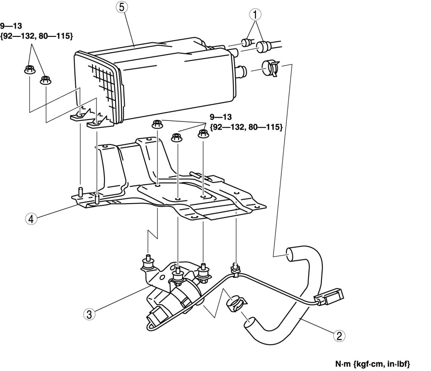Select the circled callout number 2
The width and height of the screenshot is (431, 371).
point(338,336)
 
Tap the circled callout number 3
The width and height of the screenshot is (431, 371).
point(89,314)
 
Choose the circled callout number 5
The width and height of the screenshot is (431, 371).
point(122,7)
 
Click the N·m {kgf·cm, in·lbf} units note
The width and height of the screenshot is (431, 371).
point(373,363)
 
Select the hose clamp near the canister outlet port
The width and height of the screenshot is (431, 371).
point(270,68)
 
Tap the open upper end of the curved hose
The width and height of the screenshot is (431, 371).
point(292,255)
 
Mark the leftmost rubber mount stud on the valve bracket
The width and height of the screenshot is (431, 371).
point(148,262)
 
